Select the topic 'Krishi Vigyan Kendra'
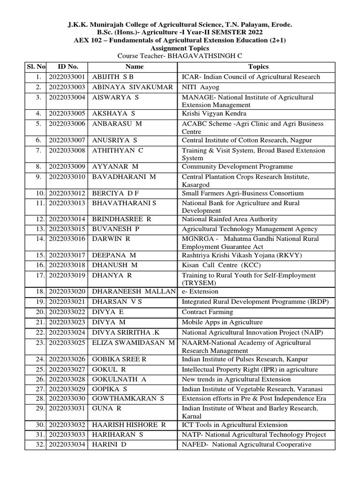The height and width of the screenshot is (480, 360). pos(214,113)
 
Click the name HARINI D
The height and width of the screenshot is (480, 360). pos(109,444)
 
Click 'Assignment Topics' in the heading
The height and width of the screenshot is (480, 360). pos(180,48)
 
